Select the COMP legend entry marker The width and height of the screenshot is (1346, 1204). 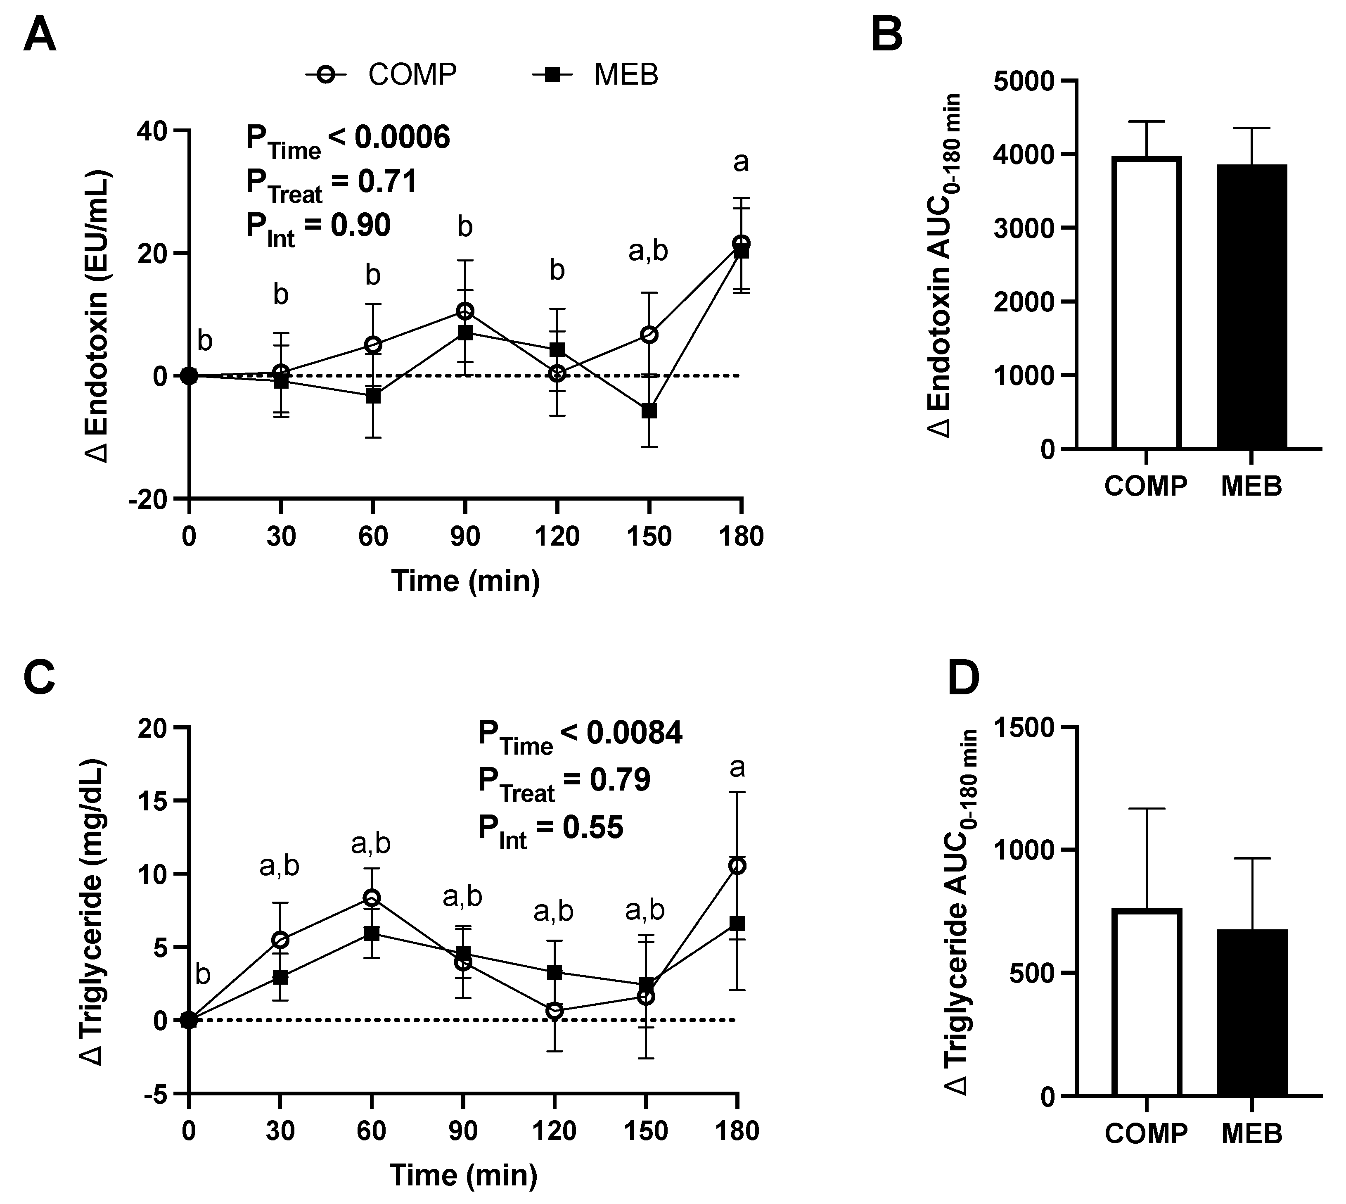(325, 75)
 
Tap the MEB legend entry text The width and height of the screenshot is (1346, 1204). (626, 75)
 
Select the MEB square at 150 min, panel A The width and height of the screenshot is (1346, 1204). (649, 411)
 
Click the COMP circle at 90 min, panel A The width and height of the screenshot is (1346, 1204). (465, 311)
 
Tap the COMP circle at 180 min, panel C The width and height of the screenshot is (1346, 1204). (737, 866)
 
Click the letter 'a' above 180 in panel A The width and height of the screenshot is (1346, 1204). (741, 162)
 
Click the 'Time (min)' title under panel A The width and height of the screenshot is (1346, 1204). (466, 581)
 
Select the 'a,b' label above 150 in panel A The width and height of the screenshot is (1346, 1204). (648, 252)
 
